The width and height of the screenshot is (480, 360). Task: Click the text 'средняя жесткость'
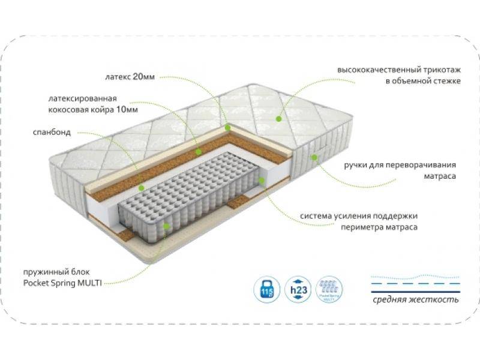(x=415, y=299)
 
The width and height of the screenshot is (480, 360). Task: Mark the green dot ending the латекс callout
(x=227, y=127)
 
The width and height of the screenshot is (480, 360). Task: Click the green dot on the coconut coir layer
(x=198, y=151)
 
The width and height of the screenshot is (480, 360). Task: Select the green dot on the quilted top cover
(x=278, y=119)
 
